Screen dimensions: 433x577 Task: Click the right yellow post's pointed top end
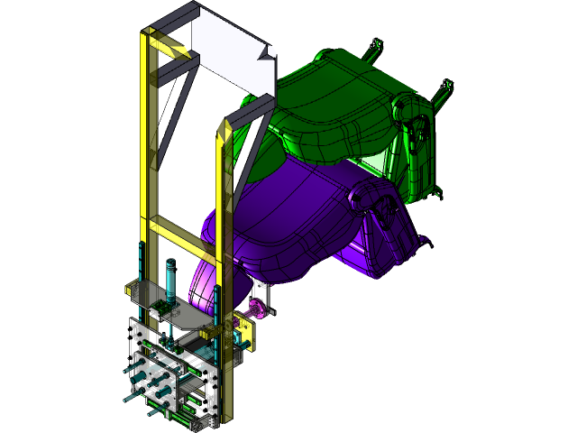tap(224, 126)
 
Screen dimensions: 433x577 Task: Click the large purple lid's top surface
tap(288, 207)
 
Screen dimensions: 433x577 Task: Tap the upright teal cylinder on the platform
tap(169, 280)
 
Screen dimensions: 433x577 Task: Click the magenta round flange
tap(258, 310)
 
